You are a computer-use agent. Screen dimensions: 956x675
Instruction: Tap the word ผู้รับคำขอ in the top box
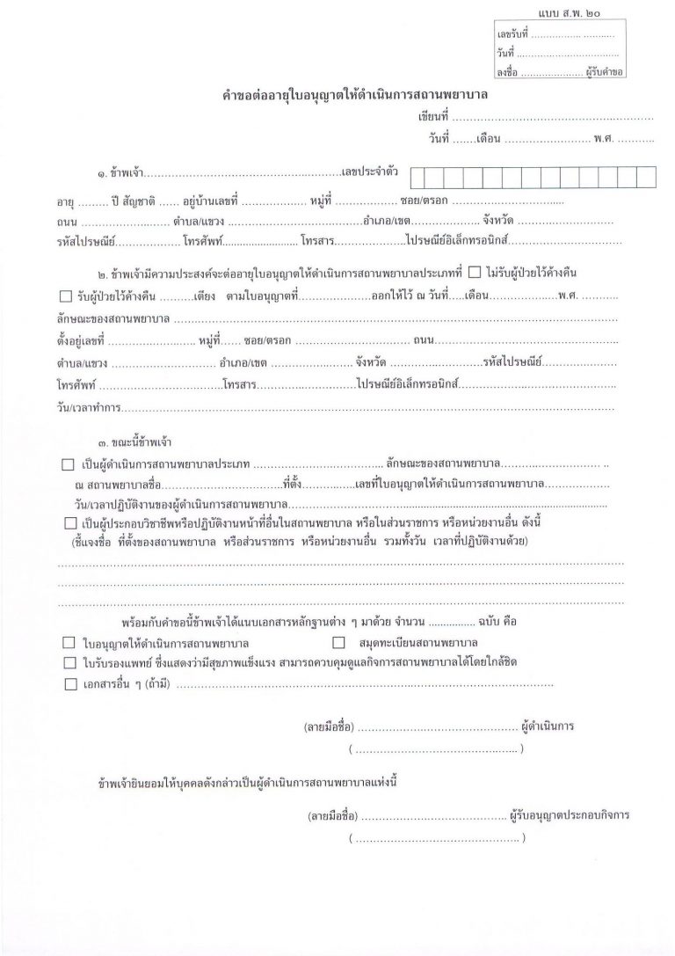click(603, 73)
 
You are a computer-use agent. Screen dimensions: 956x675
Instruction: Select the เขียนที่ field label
click(433, 116)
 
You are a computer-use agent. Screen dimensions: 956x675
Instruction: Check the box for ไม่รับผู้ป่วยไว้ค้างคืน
click(475, 271)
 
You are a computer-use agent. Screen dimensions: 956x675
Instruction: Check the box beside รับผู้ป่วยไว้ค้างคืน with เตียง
click(65, 295)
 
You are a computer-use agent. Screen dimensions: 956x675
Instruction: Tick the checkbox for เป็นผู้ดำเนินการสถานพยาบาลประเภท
click(69, 463)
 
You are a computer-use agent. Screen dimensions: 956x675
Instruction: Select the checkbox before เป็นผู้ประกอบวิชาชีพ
click(69, 523)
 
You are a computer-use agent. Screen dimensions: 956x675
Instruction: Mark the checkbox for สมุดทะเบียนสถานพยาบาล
click(338, 643)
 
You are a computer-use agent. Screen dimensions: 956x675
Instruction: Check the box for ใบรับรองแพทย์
click(69, 662)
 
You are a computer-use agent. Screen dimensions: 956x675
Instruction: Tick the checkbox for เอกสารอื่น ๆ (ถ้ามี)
click(69, 683)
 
